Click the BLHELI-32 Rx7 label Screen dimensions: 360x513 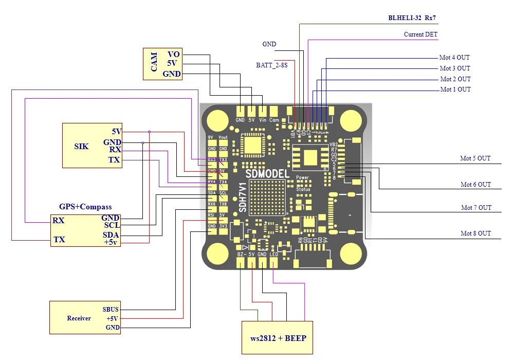pos(412,18)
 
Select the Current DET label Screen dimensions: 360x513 pos(421,34)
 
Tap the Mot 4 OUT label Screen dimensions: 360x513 pos(454,58)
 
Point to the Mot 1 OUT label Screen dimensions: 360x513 pos(455,89)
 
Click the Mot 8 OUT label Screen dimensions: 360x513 pos(475,233)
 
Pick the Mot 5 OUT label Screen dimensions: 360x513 pos(475,158)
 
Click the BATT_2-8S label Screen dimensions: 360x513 pos(271,65)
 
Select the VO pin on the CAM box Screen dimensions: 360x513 pos(173,55)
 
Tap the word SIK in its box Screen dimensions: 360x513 pos(81,147)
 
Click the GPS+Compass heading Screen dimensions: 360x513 pos(85,207)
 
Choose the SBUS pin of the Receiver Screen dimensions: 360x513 pos(111,309)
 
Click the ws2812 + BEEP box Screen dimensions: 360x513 pos(277,337)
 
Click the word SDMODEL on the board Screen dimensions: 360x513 pos(267,173)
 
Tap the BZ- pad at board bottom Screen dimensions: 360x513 pos(240,262)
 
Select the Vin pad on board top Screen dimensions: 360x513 pos(263,112)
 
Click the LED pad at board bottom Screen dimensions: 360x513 pos(273,262)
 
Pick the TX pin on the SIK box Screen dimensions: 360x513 pos(114,160)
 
